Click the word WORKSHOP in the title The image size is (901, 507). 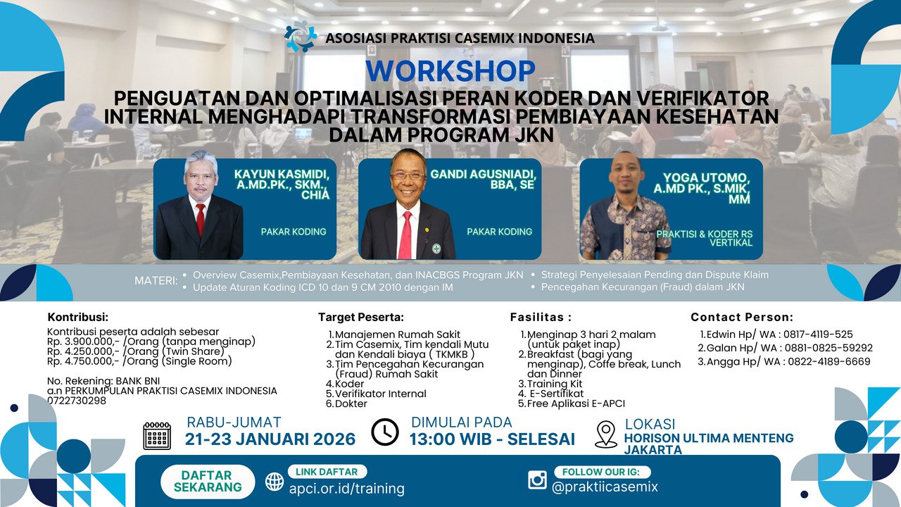[450, 72]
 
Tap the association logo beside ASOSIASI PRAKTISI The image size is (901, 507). [301, 36]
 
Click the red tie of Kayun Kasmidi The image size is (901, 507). [201, 219]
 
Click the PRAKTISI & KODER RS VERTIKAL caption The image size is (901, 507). [704, 238]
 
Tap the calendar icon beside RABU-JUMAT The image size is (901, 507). [157, 436]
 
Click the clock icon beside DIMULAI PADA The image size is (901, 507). [385, 432]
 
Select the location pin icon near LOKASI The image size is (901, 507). [606, 434]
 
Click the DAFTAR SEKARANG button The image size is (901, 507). [207, 481]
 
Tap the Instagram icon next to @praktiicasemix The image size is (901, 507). [537, 480]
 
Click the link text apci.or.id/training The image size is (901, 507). [346, 488]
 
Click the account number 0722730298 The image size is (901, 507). [77, 401]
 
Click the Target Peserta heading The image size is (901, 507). [360, 318]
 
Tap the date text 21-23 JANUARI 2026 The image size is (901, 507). [270, 439]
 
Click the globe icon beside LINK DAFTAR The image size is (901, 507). [275, 482]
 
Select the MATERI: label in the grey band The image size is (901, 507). [156, 281]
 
